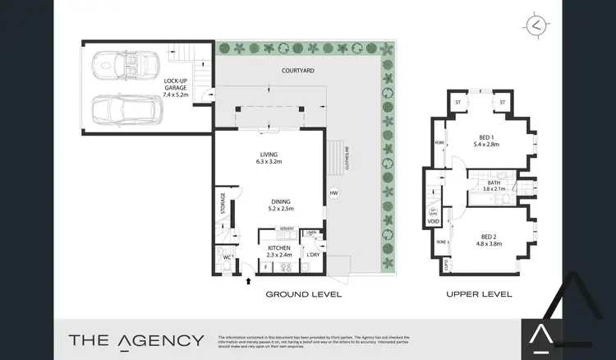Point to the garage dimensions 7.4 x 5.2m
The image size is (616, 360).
(x=176, y=95)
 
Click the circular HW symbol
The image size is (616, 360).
(x=333, y=194)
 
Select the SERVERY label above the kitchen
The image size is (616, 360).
(x=287, y=228)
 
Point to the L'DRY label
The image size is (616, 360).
(x=313, y=254)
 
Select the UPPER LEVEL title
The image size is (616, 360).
(x=479, y=294)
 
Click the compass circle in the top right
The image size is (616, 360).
(x=538, y=25)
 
